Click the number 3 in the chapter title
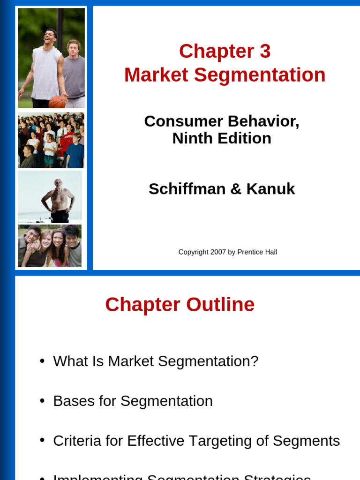(265, 51)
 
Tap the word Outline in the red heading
(220, 305)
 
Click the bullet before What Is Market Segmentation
(42, 361)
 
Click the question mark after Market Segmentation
(255, 361)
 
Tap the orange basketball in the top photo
(57, 101)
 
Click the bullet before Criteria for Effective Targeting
(42, 441)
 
